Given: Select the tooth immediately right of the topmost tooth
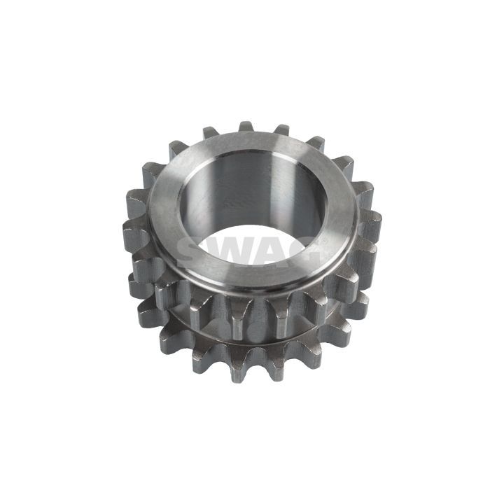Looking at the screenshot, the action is pyautogui.click(x=281, y=129).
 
